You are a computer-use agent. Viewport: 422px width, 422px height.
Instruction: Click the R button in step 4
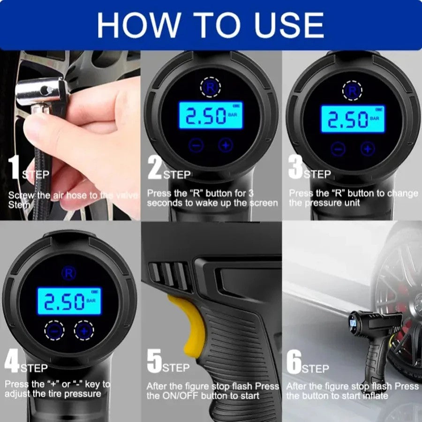pos(68,273)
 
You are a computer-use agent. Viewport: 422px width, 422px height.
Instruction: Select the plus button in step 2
pos(226,145)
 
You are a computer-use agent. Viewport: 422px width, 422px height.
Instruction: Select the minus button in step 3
pos(338,149)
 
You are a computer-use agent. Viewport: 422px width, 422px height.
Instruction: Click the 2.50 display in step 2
pos(211,116)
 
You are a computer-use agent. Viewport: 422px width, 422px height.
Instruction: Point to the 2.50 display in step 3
pos(353,119)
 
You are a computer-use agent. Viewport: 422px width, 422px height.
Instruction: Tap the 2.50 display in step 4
pos(69,301)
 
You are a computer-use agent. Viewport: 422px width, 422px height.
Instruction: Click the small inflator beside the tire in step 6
pos(375,335)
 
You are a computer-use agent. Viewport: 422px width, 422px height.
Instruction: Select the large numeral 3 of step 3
pos(295,168)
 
